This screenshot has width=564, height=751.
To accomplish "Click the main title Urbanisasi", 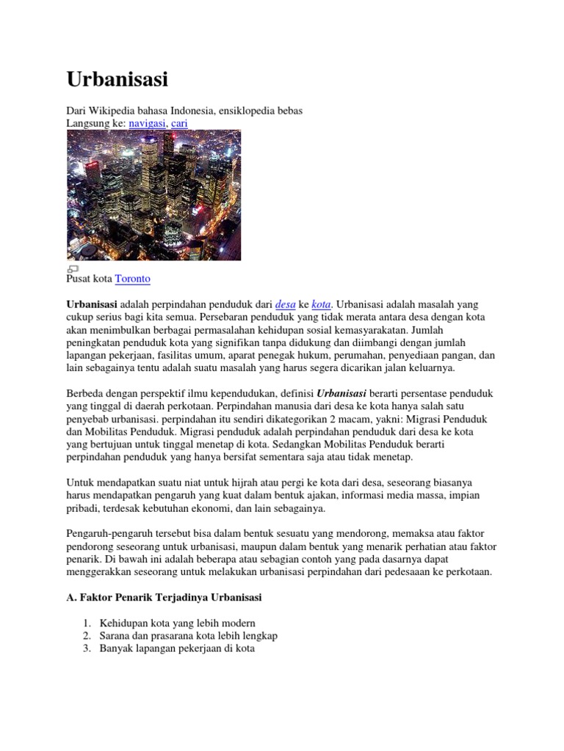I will [x=117, y=79].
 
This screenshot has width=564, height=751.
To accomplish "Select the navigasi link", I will [x=147, y=123].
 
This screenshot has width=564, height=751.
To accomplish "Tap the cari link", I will [x=179, y=123].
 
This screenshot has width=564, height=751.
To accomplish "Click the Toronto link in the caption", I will [x=133, y=279].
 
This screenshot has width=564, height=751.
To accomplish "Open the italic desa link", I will [x=285, y=304].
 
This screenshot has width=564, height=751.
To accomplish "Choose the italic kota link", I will [x=322, y=304].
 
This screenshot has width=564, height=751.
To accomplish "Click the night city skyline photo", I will [x=153, y=195].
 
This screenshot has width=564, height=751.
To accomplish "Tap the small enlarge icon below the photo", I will [x=73, y=269].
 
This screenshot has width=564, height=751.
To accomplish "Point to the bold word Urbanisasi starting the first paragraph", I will [x=92, y=304].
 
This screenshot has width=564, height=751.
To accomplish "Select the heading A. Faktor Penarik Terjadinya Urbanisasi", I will [x=164, y=598].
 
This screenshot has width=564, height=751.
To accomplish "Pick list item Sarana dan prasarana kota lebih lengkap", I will [x=189, y=636].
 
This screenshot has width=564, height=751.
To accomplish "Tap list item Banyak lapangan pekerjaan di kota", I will [x=177, y=649].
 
